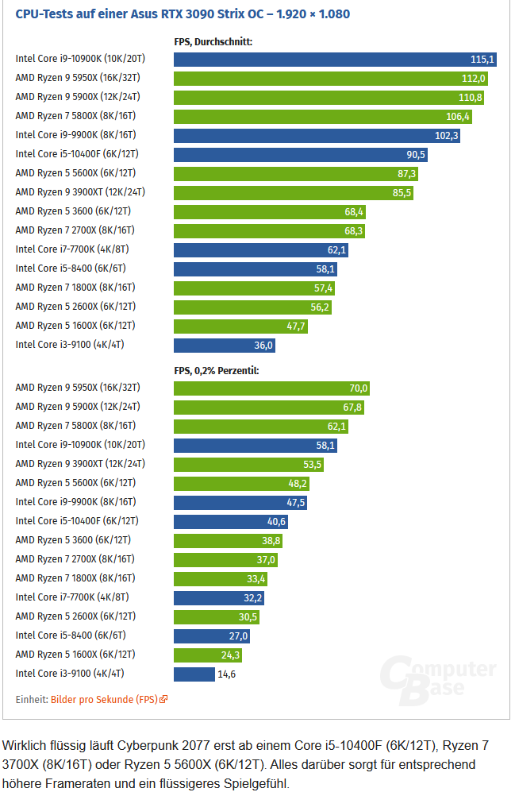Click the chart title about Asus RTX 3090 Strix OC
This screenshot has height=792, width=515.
point(183,14)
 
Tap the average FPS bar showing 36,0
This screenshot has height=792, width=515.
point(225,345)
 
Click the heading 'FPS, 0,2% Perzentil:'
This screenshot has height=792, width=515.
point(216,370)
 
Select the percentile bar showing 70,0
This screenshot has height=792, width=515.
point(271,388)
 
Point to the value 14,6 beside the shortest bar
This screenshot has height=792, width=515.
point(227,674)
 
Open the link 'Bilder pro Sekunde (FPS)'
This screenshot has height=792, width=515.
point(104,700)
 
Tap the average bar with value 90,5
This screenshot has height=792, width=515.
point(302,154)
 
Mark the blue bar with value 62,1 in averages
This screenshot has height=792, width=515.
point(260,249)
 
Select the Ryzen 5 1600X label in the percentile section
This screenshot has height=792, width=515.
point(75,655)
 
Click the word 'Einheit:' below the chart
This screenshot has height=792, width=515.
point(32,700)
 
